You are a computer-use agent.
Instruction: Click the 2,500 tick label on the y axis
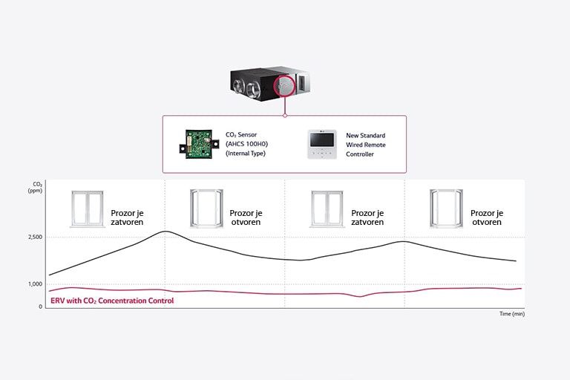[x=34, y=237]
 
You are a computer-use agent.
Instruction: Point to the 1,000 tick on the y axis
[x=34, y=284]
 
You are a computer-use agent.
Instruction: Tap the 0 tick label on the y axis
[x=40, y=306]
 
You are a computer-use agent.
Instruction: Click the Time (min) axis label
[x=512, y=314]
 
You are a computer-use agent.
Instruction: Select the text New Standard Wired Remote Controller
[x=366, y=145]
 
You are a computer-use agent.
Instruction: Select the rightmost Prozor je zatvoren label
[x=367, y=217]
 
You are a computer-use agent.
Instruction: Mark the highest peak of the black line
[x=166, y=232]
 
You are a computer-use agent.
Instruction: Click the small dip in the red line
[x=360, y=296]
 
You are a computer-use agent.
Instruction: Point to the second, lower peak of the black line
[x=402, y=241]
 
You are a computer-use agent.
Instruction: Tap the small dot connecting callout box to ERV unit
[x=285, y=115]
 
